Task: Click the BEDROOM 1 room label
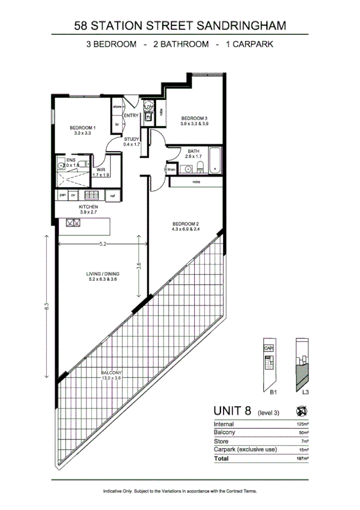coord(83,127)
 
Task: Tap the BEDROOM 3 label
coord(195,118)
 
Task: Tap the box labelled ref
coord(111,195)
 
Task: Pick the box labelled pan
coord(62,195)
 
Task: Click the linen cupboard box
coord(171,170)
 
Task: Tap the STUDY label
coord(132,140)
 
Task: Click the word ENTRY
coord(131,115)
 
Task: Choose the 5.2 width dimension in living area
coord(103,244)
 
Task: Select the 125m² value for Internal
coord(301,425)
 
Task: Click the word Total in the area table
coord(221,458)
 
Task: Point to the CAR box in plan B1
coord(267,348)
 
